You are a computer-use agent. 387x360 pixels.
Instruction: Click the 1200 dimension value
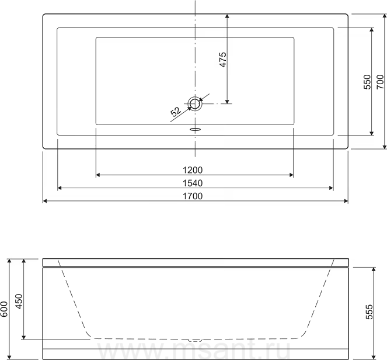pos(193,170)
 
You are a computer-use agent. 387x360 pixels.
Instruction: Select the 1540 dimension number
pos(193,183)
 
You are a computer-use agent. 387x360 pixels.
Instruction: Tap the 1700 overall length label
pos(193,196)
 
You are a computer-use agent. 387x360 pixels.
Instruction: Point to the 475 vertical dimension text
pos(222,60)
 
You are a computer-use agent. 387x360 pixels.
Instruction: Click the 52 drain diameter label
pos(176,112)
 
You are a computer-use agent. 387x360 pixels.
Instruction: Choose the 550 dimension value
pos(367,82)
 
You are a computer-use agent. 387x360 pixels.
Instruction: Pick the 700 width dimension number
pos(381,82)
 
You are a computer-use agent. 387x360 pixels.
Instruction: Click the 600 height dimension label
pos(5,309)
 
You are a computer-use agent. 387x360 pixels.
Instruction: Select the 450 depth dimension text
pos(19,302)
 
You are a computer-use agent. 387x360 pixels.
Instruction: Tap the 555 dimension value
pos(369,312)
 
